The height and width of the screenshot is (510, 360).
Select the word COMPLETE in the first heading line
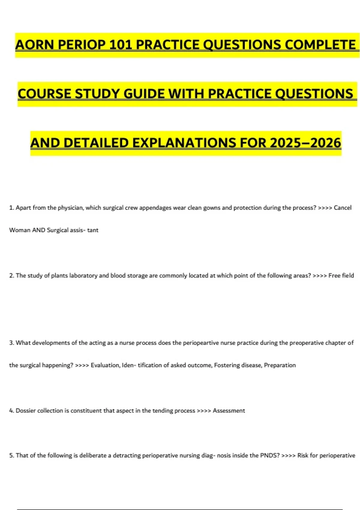[x=320, y=45]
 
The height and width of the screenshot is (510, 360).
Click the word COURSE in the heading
[x=44, y=94]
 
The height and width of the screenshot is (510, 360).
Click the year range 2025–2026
[x=305, y=143]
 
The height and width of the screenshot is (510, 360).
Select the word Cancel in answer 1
[x=343, y=208]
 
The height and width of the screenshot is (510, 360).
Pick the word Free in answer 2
[x=334, y=275]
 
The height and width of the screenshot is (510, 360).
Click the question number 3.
[x=11, y=343]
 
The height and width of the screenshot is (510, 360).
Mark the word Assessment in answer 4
[x=229, y=410]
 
